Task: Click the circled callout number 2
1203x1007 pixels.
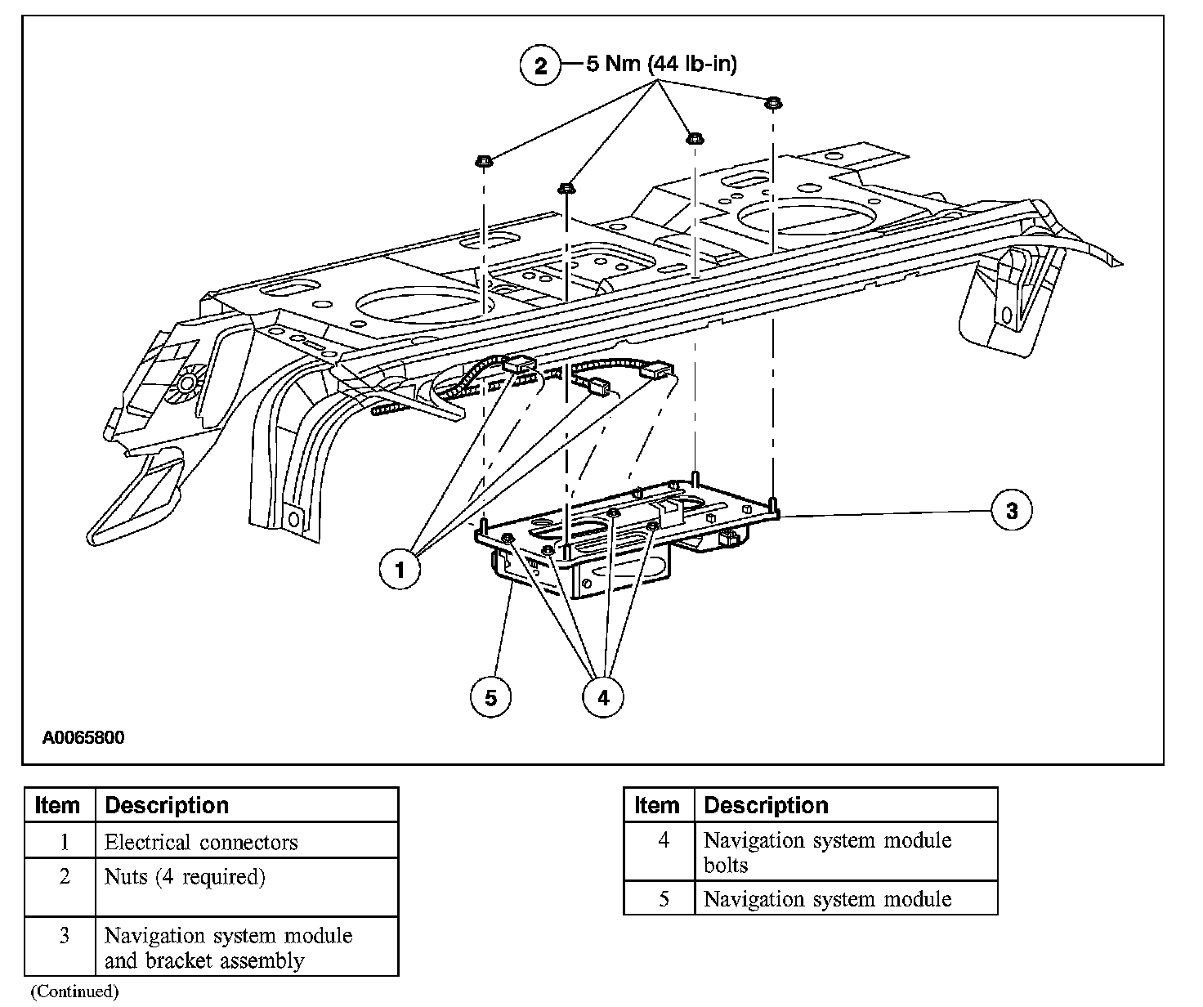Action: (540, 65)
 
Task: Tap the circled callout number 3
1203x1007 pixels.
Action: (1012, 511)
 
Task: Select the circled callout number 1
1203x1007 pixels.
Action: (400, 569)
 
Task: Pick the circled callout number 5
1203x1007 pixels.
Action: (490, 697)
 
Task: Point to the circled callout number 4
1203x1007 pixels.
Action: (602, 697)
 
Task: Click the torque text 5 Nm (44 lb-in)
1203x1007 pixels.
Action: (661, 64)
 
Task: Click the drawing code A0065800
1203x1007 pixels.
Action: (83, 738)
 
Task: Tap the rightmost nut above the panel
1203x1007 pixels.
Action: (771, 103)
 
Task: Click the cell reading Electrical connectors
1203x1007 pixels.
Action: (201, 842)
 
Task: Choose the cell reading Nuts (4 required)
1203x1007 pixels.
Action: (185, 877)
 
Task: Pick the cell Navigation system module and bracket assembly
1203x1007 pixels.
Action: (228, 947)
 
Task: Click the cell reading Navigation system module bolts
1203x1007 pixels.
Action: (827, 852)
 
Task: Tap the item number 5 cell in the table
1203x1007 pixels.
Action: (663, 899)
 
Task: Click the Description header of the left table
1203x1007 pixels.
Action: (167, 805)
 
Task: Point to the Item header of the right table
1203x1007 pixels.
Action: (656, 805)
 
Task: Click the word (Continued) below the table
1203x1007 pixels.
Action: (74, 991)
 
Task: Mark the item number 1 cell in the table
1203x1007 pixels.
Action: (63, 842)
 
